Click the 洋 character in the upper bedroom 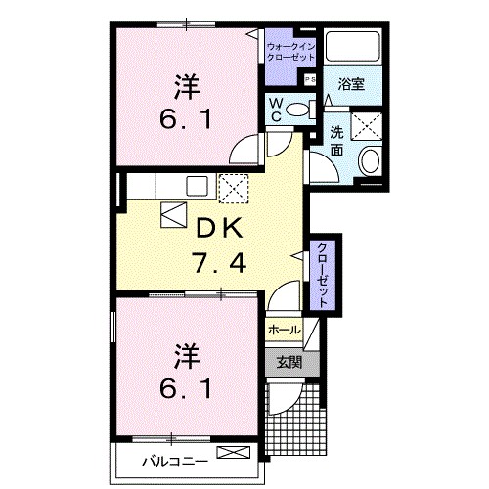188,86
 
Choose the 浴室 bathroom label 351,85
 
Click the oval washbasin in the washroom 371,161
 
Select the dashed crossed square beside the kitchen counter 232,185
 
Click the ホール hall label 283,330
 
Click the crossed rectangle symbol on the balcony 234,452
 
